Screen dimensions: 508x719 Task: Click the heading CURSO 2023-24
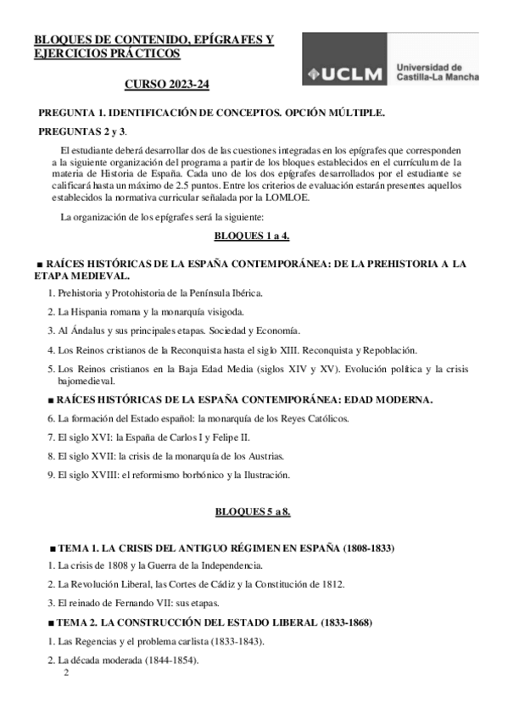pyautogui.click(x=167, y=86)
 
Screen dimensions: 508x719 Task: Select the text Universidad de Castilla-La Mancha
pyautogui.click(x=437, y=72)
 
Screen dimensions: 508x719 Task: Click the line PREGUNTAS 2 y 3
pyautogui.click(x=82, y=131)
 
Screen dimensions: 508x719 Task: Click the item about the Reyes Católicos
pyautogui.click(x=197, y=418)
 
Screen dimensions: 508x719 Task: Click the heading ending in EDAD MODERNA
pyautogui.click(x=238, y=399)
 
